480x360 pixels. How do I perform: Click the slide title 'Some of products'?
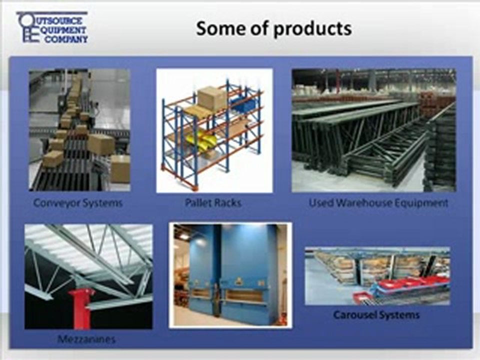[x=273, y=28]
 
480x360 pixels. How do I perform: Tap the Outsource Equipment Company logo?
[x=52, y=27]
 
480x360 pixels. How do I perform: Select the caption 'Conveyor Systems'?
[x=78, y=203]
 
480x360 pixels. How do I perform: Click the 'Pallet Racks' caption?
[x=213, y=202]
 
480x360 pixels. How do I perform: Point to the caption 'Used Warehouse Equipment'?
[x=378, y=203]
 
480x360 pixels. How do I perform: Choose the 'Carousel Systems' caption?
[x=376, y=315]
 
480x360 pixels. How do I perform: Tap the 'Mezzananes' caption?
[x=86, y=339]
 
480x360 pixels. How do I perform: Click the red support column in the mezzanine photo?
[x=80, y=307]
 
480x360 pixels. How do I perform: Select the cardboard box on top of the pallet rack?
[x=212, y=98]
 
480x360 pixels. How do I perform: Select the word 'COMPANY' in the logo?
[x=66, y=39]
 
